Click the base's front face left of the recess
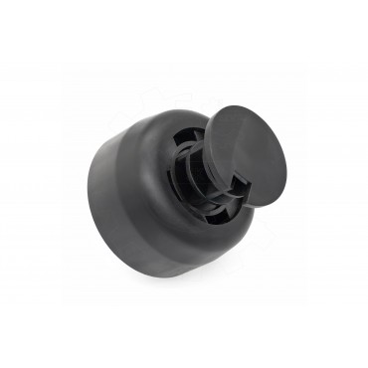point(150,189)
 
